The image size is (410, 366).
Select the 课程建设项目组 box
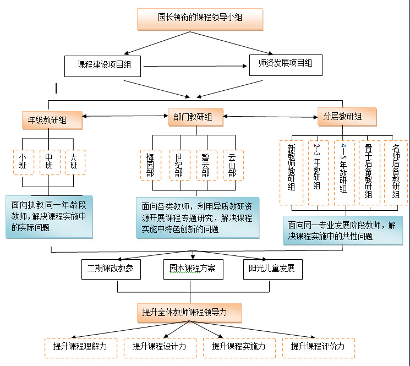coord(105,65)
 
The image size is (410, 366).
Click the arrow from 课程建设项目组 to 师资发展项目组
coord(195,67)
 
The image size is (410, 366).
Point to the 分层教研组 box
coord(347,116)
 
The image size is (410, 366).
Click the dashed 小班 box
coord(23,162)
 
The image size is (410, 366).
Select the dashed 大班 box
coord(74,162)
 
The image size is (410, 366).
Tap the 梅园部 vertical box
coord(150,165)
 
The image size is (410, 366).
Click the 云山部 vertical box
coord(232,165)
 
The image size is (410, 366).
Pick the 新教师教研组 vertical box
coord(292,172)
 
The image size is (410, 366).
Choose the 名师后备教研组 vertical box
coord(396,172)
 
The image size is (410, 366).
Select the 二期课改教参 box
coord(111,269)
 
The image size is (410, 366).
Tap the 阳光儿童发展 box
coord(272,269)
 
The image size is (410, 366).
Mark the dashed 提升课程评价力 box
coord(318,347)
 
